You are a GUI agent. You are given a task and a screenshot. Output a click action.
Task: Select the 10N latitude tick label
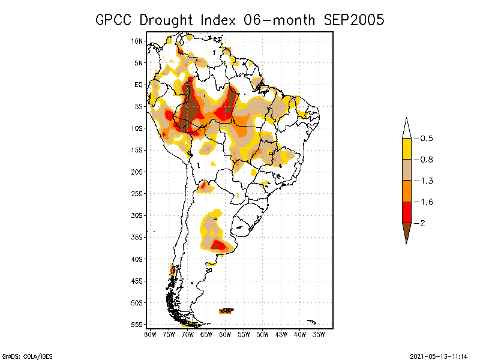coord(137,41)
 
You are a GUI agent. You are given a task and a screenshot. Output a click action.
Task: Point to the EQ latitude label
coord(139,85)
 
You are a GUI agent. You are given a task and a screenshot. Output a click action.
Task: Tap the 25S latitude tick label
coord(137,193)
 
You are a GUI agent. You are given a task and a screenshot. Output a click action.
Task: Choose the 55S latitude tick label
coord(137,324)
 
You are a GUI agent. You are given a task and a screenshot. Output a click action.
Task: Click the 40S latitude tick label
coord(137,259)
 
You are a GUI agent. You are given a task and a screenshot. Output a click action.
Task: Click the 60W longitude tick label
coord(225,334)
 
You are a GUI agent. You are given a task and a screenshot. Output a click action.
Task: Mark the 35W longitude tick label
coord(319,334)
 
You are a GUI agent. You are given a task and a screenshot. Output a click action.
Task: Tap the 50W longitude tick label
coord(263,334)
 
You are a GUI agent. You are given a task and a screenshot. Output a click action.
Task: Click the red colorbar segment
coord(406,212)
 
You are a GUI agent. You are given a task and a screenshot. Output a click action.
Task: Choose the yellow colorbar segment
coord(406,149)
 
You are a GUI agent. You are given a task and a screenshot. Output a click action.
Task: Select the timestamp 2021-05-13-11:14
coord(439,356)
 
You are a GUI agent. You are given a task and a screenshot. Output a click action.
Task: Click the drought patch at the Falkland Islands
coord(226,311)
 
